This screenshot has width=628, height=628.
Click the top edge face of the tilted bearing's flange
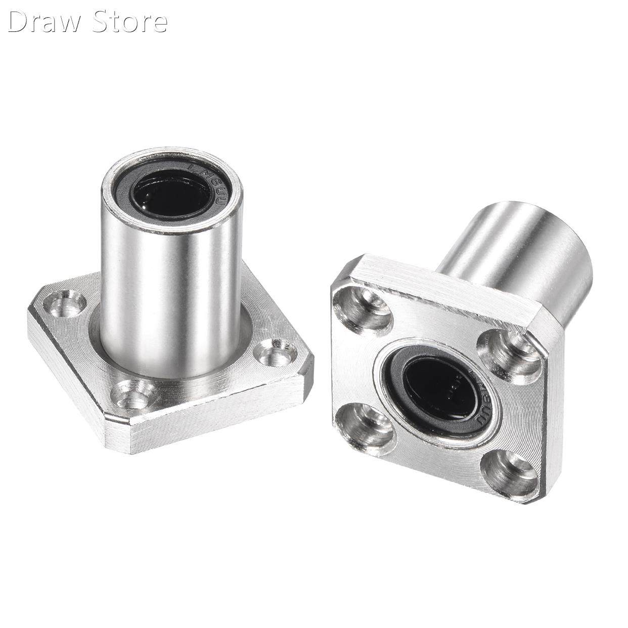(x=435, y=284)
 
